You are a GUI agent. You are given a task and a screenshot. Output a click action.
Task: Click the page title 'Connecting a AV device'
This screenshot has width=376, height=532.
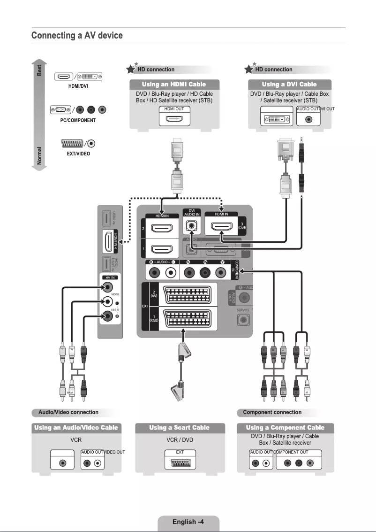pos(77,36)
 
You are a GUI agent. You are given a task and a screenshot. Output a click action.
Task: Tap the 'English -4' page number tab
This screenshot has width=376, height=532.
pos(188,522)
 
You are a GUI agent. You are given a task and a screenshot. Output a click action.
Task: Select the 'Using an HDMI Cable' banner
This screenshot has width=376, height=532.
pos(174,85)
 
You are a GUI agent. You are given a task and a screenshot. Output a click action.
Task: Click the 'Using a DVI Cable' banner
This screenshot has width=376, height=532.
pos(289,85)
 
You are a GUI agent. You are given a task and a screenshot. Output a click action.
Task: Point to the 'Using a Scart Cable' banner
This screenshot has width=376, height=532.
pos(179,428)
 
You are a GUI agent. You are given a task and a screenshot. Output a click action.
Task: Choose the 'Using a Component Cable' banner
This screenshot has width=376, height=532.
pos(286,428)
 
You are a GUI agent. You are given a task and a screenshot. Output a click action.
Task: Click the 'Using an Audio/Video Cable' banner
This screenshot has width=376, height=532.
pos(76,428)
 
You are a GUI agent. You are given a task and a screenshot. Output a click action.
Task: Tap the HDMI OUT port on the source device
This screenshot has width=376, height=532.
pos(174,119)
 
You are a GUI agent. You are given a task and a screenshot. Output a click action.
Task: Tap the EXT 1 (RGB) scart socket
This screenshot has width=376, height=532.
pos(188,319)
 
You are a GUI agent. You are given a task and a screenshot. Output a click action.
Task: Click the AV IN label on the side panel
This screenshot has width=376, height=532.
pos(108,278)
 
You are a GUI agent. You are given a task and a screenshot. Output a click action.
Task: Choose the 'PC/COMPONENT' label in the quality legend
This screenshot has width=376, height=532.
pos(78,120)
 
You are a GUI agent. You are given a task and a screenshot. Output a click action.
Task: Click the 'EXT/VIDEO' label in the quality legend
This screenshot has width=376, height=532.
pos(78,154)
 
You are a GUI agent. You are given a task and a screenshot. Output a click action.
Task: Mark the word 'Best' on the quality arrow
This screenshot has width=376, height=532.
pos(40,70)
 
